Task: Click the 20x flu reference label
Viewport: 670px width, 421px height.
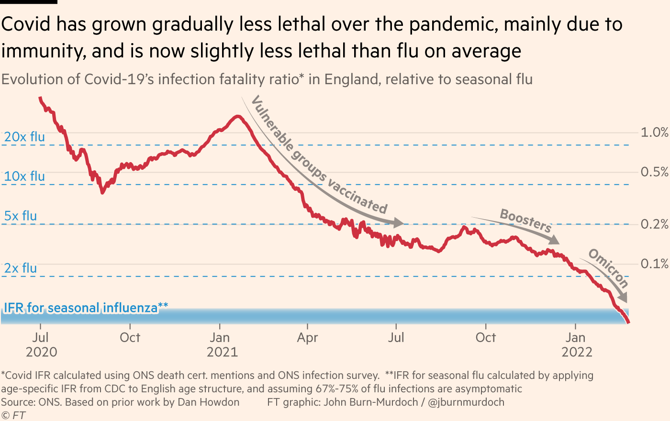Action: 24,137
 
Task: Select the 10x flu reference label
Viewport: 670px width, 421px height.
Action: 24,176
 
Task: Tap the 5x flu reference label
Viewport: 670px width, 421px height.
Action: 21,216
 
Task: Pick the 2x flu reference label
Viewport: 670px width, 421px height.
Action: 21,268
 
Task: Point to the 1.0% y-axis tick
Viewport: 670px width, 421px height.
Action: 654,133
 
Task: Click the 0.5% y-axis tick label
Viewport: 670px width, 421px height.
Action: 654,172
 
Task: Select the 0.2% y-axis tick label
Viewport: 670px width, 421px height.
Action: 654,224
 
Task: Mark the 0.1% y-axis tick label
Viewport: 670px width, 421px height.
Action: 654,264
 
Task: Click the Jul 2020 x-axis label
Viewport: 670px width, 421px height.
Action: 41,344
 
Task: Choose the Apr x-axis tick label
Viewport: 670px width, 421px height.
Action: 307,338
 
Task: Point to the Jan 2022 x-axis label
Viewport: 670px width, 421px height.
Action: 577,344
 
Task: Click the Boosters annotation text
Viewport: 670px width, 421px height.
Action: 525,220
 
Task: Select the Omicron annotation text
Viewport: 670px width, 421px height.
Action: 608,268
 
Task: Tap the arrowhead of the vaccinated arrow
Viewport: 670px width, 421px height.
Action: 399,222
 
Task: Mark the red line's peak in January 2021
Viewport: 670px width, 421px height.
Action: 236,116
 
